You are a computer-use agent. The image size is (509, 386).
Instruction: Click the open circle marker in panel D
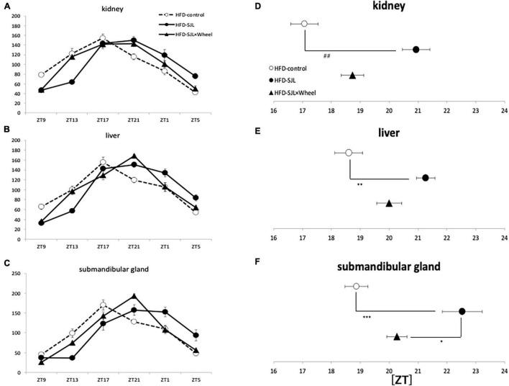[304, 24]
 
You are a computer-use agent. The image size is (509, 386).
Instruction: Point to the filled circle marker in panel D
[416, 50]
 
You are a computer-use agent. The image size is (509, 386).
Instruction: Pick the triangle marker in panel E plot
[389, 203]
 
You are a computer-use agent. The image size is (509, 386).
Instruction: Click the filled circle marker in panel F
[462, 311]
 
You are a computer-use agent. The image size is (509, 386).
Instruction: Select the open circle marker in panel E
[349, 153]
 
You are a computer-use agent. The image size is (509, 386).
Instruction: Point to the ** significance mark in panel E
[359, 185]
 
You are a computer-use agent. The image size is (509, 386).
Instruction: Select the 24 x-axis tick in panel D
[504, 112]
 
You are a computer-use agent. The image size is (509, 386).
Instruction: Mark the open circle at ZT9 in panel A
[41, 75]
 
